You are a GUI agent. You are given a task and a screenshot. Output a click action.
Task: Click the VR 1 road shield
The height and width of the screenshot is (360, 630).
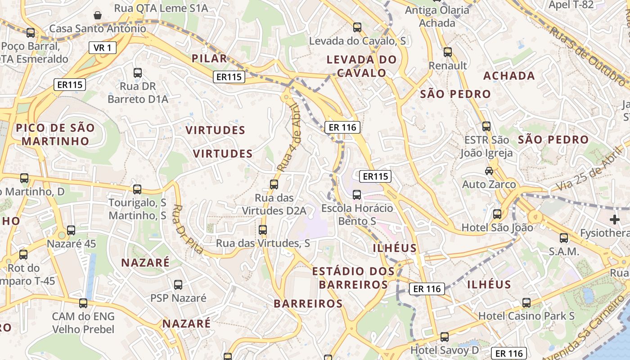click(103, 47)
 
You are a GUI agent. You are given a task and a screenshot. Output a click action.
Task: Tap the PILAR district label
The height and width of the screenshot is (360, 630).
click(209, 58)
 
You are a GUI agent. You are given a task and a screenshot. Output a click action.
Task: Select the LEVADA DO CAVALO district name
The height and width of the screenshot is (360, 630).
click(362, 66)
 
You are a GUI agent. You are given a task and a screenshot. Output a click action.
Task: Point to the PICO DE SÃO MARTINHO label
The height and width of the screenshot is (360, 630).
click(55, 134)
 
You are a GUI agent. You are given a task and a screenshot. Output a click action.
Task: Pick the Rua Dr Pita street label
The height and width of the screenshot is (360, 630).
click(188, 229)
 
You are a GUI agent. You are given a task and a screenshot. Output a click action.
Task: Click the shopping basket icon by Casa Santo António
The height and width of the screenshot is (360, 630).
click(98, 15)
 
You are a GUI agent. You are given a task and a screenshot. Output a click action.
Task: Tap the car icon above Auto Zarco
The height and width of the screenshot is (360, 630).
click(489, 171)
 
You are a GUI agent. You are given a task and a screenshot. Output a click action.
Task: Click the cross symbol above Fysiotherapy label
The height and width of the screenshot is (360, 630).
click(615, 220)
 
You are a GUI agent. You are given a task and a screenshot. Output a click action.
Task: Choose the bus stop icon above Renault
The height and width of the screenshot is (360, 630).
click(447, 52)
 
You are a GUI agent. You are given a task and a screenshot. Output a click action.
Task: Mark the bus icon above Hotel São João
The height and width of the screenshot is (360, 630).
click(497, 214)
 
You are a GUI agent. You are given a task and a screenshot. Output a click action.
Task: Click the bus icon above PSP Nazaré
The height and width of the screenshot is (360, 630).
click(178, 284)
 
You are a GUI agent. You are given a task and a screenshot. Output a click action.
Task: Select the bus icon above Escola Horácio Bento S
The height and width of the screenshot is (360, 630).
click(357, 194)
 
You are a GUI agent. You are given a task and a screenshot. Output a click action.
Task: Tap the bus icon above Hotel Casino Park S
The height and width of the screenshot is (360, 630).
click(526, 302)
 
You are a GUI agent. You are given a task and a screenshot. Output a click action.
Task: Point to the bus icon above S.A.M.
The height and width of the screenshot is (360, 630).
click(564, 238)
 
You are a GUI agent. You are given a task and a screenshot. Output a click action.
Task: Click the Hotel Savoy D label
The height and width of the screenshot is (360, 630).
click(445, 350)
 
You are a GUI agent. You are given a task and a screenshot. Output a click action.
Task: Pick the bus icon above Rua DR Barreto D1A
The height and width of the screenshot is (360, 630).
click(138, 72)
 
